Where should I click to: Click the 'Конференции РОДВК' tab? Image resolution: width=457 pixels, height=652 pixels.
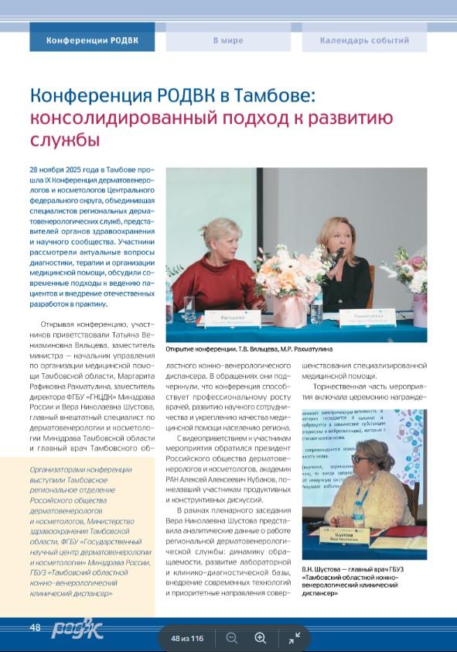(92, 40)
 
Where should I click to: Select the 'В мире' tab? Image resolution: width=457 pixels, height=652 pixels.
(228, 40)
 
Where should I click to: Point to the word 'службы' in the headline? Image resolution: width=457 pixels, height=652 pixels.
(65, 140)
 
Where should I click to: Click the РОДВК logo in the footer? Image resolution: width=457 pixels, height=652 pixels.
(77, 627)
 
